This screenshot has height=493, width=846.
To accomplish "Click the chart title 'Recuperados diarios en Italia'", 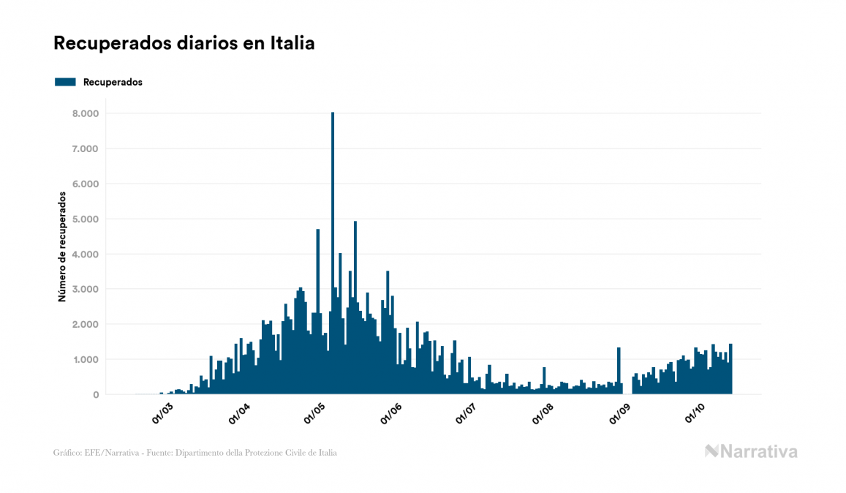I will tap(184, 44).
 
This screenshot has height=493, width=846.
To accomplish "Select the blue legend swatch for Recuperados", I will tap(65, 82).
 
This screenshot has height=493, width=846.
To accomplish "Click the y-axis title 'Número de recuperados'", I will tap(63, 246).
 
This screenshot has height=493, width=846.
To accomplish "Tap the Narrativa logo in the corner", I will tap(751, 451).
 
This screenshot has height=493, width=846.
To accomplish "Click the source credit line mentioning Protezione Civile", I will tap(195, 453).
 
